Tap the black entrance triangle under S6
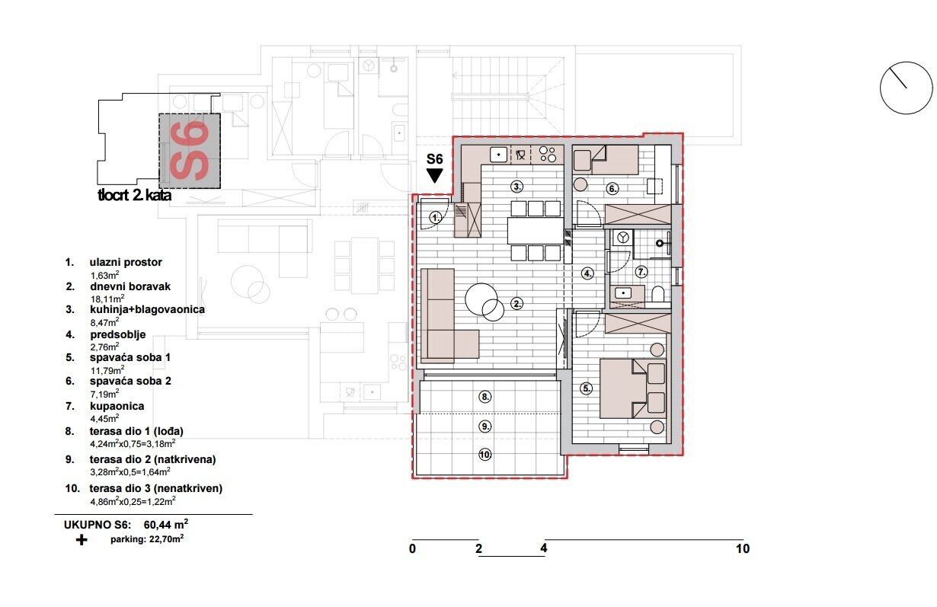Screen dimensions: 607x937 pos(435,176)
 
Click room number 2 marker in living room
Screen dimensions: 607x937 pos(517,304)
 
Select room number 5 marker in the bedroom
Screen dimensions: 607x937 pos(587,388)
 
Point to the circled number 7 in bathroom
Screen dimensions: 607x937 pos(641,270)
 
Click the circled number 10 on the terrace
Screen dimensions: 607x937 pos(485,455)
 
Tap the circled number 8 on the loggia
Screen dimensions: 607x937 pos(485,396)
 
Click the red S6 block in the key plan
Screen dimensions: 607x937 pos(189,151)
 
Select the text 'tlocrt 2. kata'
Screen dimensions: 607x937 pos(134,196)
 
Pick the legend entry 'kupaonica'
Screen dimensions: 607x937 pos(117,407)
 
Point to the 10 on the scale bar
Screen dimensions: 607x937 pos(742,548)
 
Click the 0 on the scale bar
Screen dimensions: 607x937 pos(412,548)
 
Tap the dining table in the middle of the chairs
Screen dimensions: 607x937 pos(536,231)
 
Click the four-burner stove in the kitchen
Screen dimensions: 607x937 pos(547,155)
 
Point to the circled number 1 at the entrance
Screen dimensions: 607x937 pos(434,218)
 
